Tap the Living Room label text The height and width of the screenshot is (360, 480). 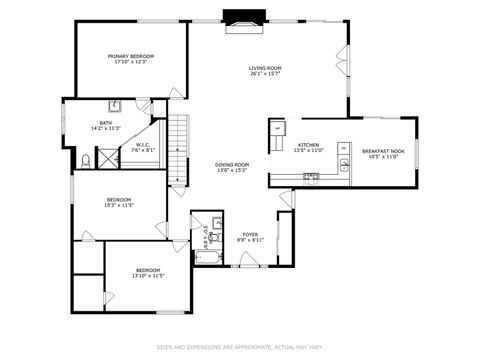coord(265,70)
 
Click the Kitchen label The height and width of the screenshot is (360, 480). coord(309,148)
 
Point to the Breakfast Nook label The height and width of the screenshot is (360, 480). coord(384,154)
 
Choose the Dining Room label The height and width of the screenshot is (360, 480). coord(231,167)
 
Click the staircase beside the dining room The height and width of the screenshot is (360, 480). coord(178,146)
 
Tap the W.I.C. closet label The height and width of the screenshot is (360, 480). coord(143,148)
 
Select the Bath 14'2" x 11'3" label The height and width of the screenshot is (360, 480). coord(105,126)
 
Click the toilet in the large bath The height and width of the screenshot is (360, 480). coord(87,160)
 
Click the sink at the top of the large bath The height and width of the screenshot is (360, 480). coord(115,104)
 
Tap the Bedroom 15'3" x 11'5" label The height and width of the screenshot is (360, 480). coord(119,202)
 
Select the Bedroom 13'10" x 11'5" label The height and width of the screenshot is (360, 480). coord(148,272)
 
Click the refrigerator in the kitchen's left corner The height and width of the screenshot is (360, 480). coord(277,129)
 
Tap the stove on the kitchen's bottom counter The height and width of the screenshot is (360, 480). coord(311,178)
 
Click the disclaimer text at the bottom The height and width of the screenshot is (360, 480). coord(240,347)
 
